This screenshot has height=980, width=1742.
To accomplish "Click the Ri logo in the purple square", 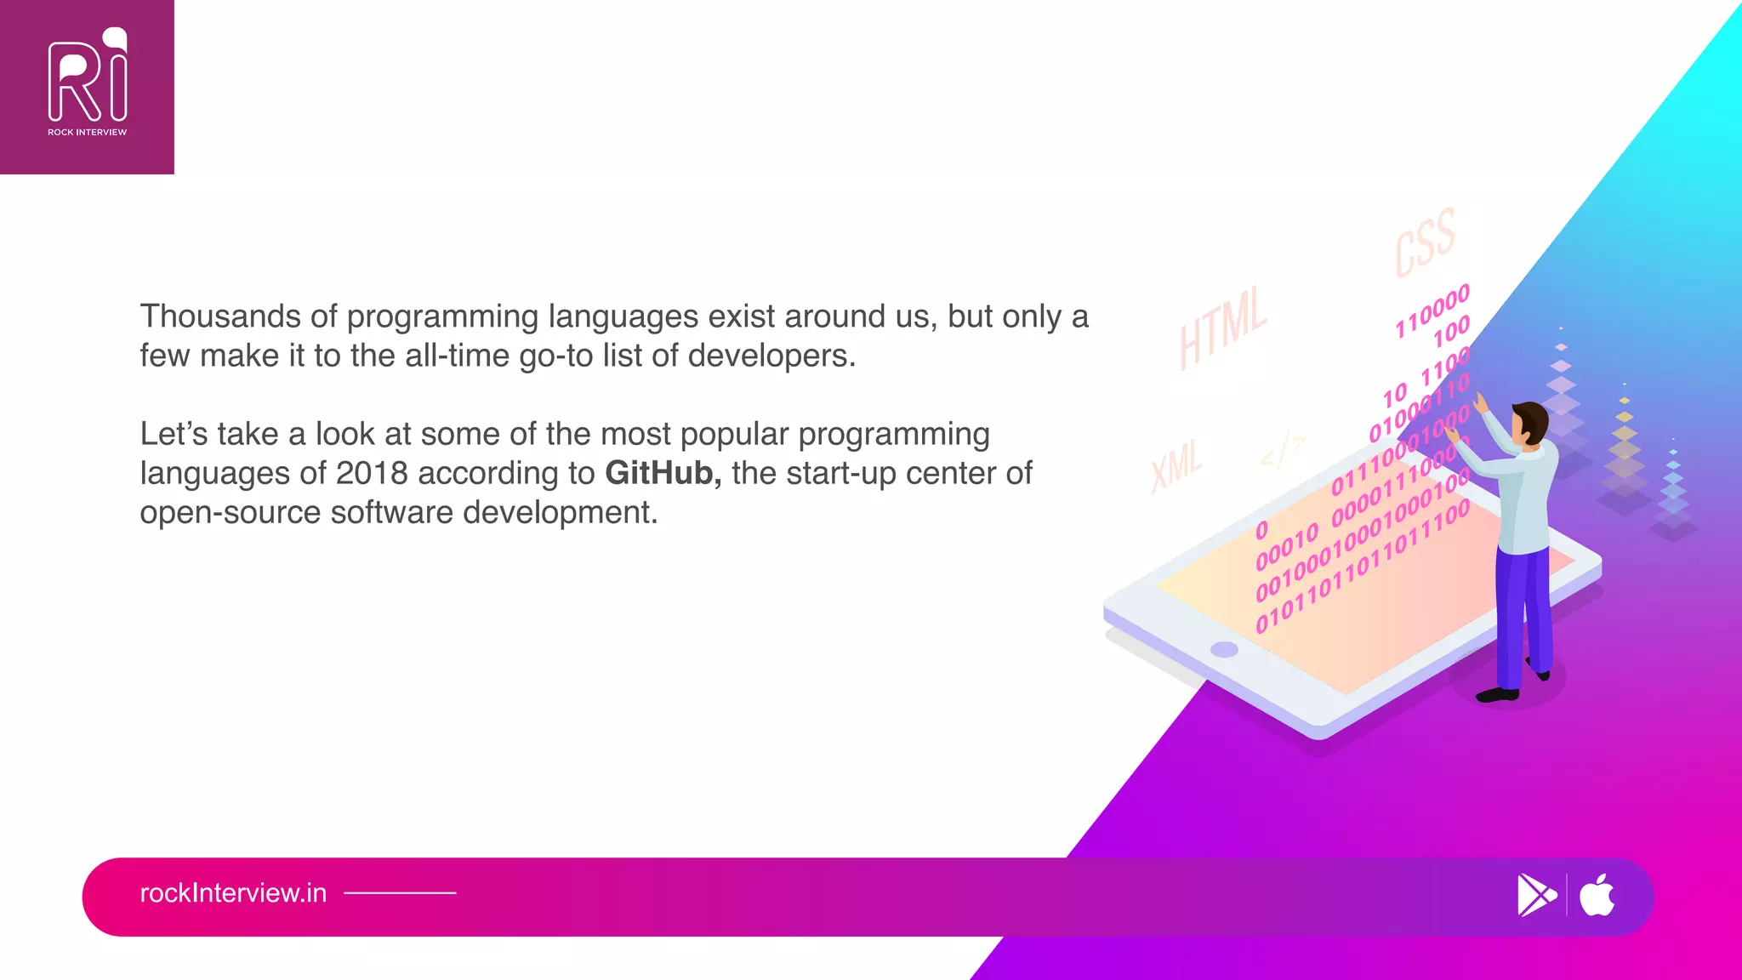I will (x=88, y=77).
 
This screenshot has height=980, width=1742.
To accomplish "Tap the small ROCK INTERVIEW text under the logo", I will (x=87, y=133).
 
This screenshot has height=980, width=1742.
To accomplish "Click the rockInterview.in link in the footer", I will (x=233, y=893).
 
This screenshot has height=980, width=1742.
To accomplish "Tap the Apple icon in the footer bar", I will (x=1597, y=895).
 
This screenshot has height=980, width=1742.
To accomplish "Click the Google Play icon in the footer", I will (x=1535, y=895).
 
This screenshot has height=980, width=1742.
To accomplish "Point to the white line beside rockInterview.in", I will (x=400, y=893).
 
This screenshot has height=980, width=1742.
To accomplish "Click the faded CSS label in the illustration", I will (x=1425, y=242).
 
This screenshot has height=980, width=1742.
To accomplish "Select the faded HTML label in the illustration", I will (x=1222, y=328).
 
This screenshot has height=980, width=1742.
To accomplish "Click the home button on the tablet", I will (x=1224, y=650).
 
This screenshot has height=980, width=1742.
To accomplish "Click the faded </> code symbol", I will (x=1283, y=451).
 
